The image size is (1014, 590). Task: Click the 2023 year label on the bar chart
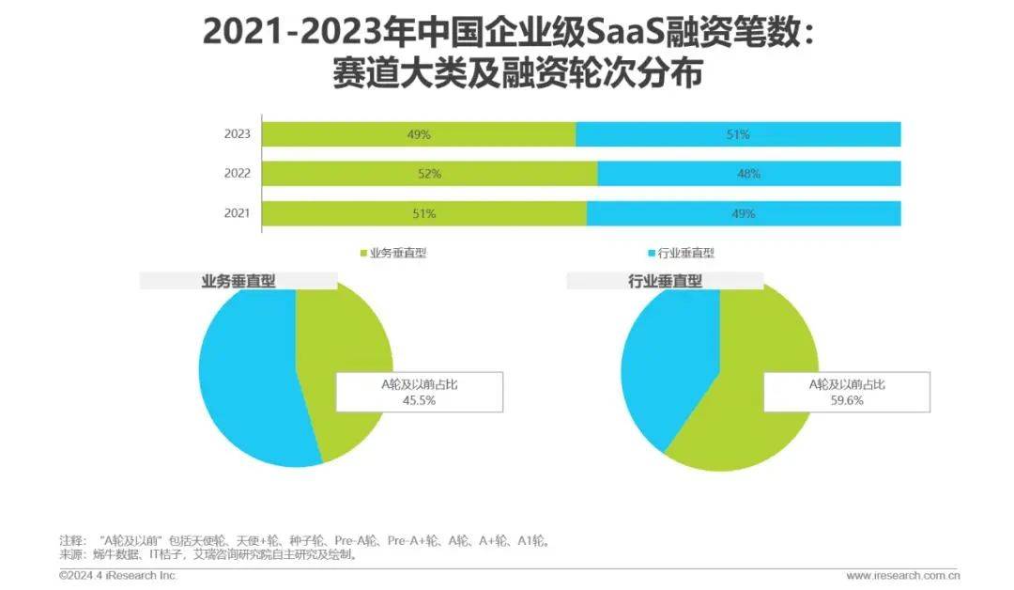(237, 134)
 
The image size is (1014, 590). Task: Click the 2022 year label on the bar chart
(237, 174)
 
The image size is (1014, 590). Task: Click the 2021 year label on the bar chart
(237, 213)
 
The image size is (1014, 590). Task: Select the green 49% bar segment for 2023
(419, 134)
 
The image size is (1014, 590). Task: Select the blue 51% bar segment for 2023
(738, 134)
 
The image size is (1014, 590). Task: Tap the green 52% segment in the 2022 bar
(429, 174)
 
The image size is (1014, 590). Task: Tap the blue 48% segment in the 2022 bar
(748, 174)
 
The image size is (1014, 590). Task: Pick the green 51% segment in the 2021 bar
(423, 213)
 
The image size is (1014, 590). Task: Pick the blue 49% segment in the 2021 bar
(744, 213)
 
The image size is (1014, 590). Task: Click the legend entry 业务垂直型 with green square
(393, 253)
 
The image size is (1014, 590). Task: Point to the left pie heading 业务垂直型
(238, 280)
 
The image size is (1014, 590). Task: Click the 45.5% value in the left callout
(419, 399)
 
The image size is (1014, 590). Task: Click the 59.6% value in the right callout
(846, 399)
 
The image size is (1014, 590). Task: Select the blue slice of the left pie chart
(244, 376)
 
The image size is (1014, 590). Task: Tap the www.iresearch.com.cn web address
(902, 575)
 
